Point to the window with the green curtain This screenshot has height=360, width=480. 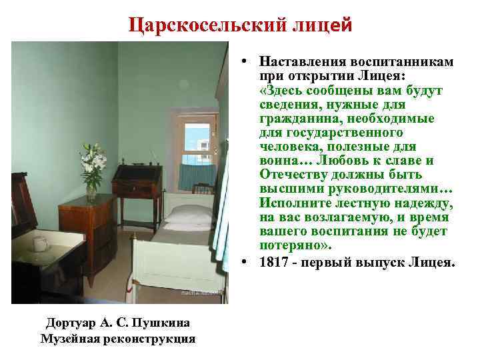click(194, 147)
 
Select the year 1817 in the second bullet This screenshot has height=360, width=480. click(275, 263)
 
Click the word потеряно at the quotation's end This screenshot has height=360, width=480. click(289, 244)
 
